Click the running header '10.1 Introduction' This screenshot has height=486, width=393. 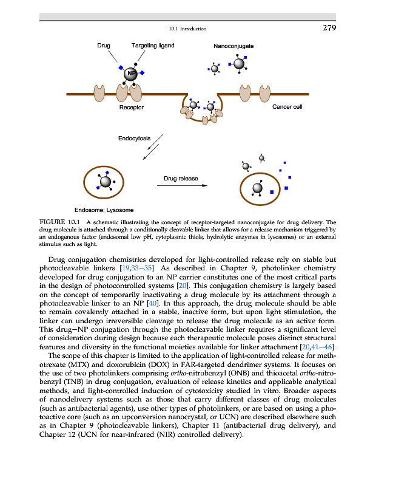(x=188, y=29)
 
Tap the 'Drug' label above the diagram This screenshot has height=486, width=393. (x=104, y=46)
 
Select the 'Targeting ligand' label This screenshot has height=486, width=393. (x=153, y=46)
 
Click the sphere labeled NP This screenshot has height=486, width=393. (x=130, y=74)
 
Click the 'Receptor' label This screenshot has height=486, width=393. (x=132, y=108)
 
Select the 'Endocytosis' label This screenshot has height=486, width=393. (x=134, y=139)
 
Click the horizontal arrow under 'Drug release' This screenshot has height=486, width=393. (x=181, y=186)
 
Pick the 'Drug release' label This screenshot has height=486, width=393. (x=181, y=179)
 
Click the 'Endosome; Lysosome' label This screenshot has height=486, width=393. (x=99, y=210)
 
